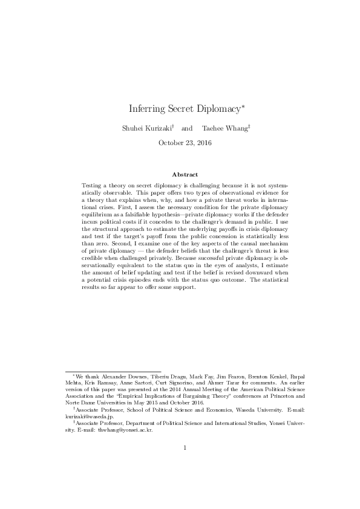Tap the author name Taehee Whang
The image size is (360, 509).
[215, 129]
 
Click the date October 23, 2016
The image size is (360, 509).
[180, 143]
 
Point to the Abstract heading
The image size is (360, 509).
[180, 174]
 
